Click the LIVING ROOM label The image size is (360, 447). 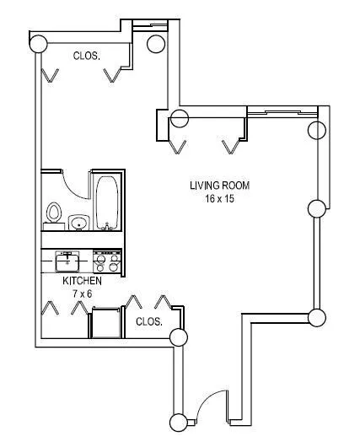point(219,186)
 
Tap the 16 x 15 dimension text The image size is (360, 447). point(219,198)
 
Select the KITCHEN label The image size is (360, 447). point(82,281)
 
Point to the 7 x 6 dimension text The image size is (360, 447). point(83,294)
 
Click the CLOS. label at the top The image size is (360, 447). point(87,56)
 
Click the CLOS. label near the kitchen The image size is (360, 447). point(149,322)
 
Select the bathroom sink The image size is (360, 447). point(79,223)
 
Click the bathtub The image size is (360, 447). point(107,202)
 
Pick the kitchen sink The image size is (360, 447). point(67,261)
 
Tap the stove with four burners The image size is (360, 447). point(107,261)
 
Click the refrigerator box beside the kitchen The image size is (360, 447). point(105,322)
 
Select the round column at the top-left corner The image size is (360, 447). point(38,44)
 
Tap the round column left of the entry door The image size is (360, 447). point(179,423)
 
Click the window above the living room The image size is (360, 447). point(282,113)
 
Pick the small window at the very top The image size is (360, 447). point(150,26)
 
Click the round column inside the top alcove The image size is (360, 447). point(156,44)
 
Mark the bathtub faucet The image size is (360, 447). point(107,227)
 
